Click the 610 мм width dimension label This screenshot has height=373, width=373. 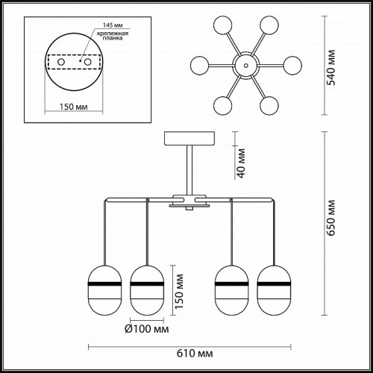(195, 353)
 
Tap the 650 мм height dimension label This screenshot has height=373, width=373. (330, 218)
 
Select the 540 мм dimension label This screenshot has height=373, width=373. (330, 68)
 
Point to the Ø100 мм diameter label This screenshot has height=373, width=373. (147, 329)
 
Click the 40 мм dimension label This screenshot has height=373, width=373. (241, 163)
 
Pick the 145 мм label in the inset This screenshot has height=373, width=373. (113, 25)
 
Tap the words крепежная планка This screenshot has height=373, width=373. (113, 36)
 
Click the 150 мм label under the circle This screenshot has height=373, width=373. (73, 107)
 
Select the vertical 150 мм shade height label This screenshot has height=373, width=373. (179, 292)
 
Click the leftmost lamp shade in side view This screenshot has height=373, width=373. (105, 290)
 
